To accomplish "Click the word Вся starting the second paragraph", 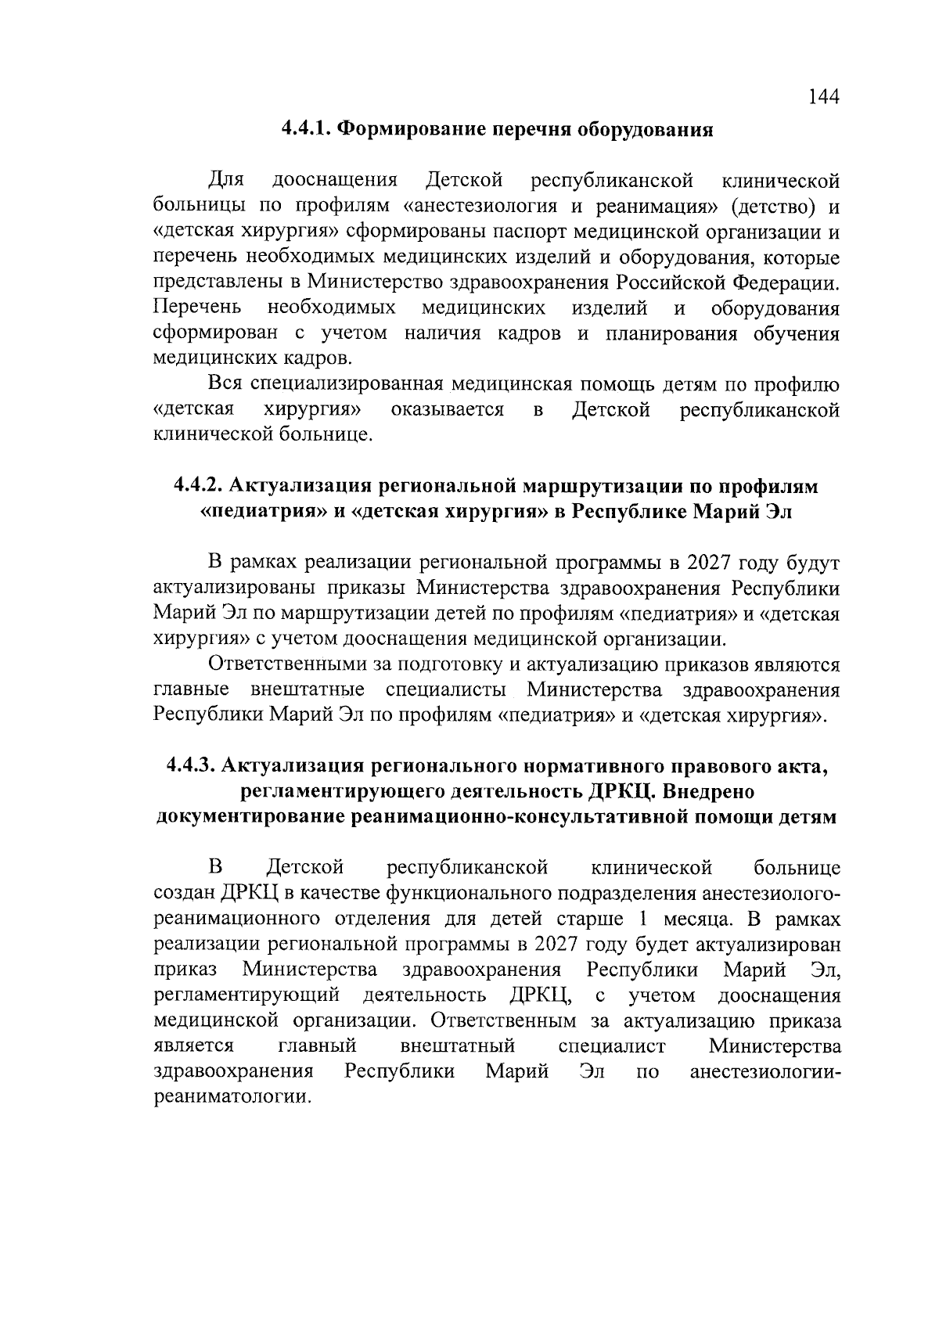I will pyautogui.click(x=226, y=384).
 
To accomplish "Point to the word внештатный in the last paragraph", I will pyautogui.click(x=457, y=1046).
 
